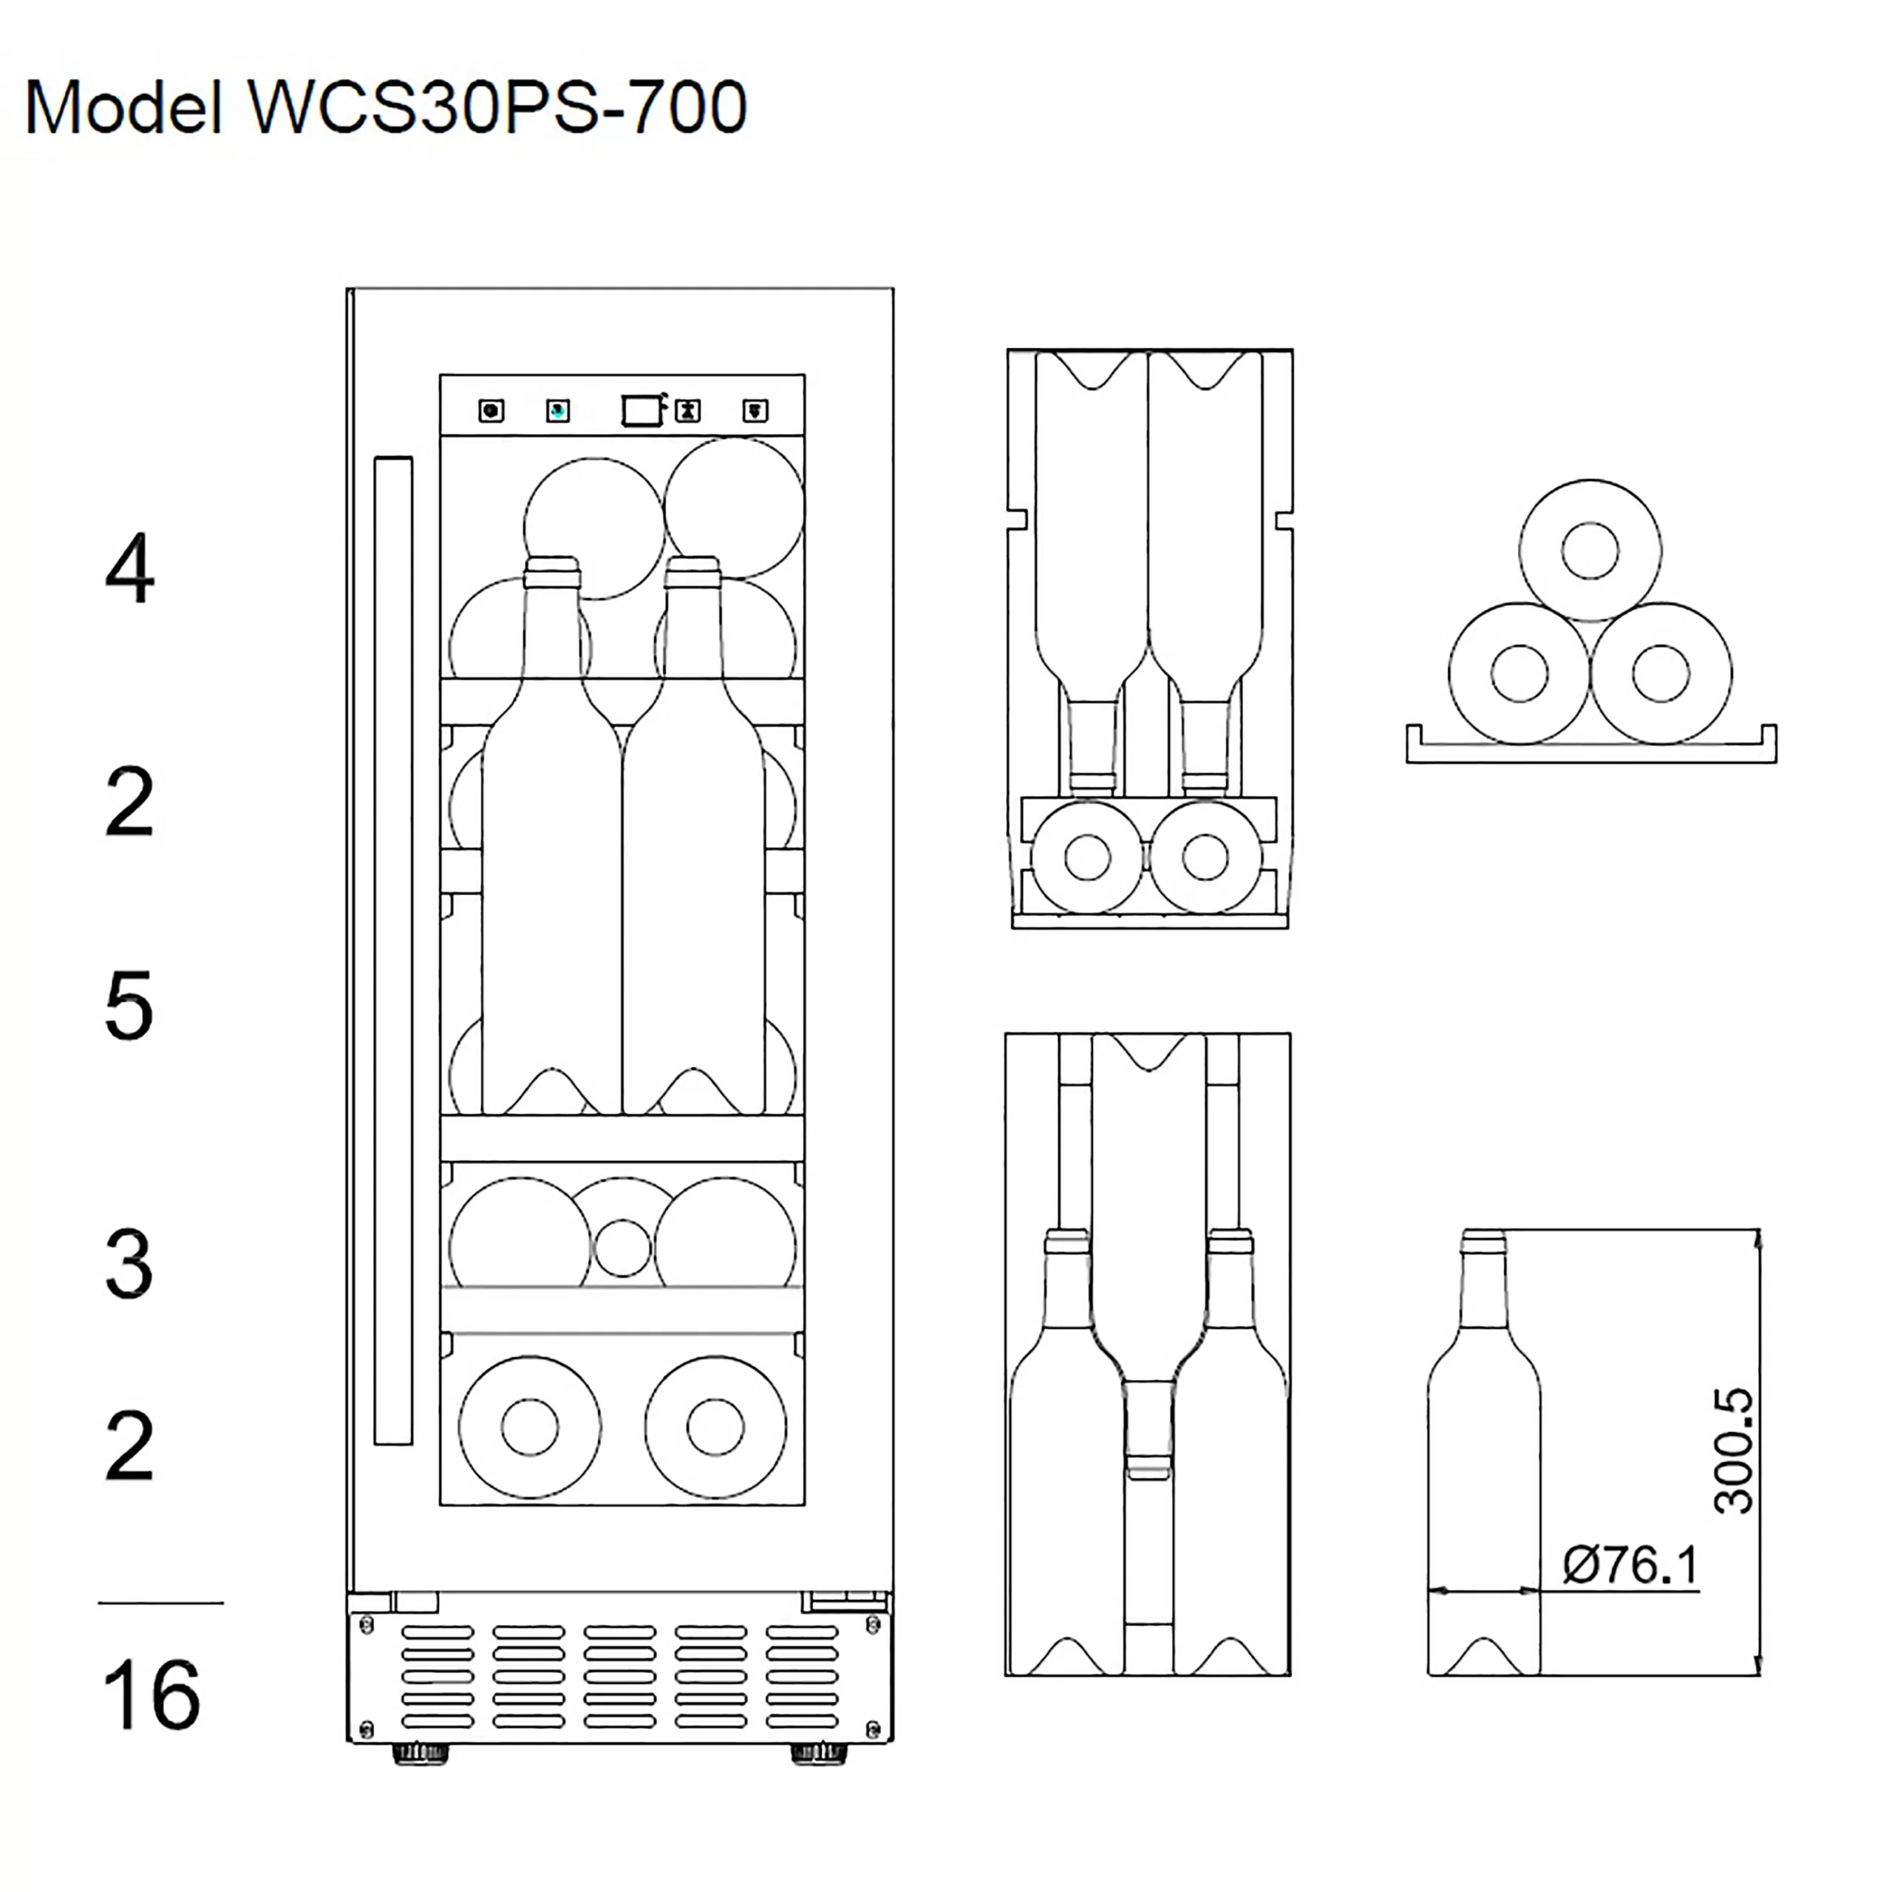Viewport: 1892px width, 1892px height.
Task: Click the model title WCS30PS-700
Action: [386, 108]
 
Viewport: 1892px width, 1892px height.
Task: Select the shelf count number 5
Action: [129, 1006]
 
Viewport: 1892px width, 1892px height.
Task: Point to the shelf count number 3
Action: [129, 1265]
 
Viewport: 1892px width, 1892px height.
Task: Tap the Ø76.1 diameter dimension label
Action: [1630, 1564]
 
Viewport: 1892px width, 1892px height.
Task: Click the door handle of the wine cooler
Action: [392, 950]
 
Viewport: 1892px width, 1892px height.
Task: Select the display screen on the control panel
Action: [642, 409]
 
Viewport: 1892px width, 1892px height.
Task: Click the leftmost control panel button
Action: [491, 410]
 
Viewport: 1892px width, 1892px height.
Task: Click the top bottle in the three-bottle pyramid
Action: [1590, 551]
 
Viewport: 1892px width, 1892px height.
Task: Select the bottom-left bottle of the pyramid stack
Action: [1519, 674]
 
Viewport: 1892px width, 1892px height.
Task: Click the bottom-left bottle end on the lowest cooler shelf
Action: [530, 1427]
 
